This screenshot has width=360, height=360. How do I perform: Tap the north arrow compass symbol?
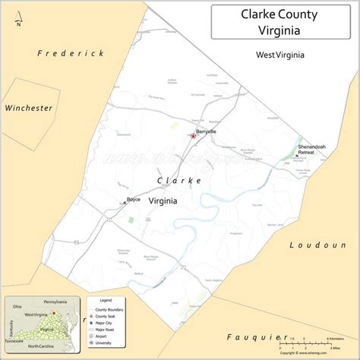tap(19, 16)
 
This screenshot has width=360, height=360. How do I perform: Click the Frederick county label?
tap(71, 53)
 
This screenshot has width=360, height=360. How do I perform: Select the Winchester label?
tap(28, 109)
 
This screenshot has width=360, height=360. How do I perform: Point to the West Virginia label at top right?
tap(280, 55)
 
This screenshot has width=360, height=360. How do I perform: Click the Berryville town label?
tap(206, 131)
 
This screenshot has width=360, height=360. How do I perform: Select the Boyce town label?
tap(134, 199)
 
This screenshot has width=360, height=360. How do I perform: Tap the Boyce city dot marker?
tap(125, 203)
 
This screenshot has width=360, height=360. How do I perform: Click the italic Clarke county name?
tap(179, 181)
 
